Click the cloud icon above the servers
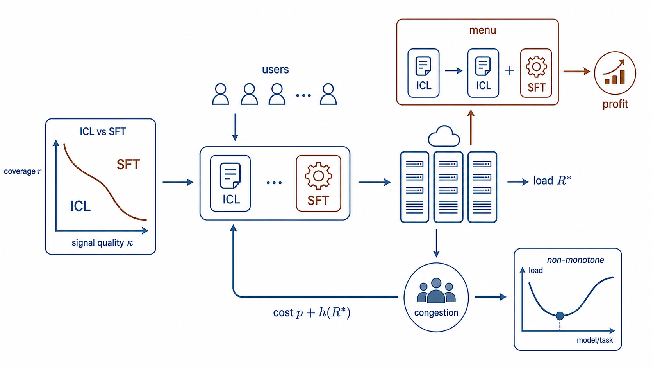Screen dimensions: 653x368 point(444,136)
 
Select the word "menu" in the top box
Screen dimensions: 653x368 point(482,30)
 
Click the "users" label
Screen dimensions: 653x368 point(275,70)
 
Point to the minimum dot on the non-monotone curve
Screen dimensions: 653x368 point(560,316)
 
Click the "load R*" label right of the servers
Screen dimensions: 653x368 point(552,181)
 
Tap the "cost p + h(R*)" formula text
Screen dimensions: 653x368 point(312,313)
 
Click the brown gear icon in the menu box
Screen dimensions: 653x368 point(536,66)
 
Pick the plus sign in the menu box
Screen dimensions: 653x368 point(510,70)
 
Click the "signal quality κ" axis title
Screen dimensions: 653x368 point(102,243)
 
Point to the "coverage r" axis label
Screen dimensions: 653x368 point(22,171)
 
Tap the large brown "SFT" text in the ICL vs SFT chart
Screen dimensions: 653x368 point(128,164)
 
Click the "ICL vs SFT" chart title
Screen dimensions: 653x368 point(103,132)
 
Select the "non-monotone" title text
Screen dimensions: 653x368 point(575,260)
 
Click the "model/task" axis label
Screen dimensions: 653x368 point(595,340)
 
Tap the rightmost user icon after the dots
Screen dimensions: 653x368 point(328,94)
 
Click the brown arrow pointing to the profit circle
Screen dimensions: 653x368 point(576,71)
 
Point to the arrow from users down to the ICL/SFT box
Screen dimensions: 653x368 point(235,127)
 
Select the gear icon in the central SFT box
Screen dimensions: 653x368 point(318,176)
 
